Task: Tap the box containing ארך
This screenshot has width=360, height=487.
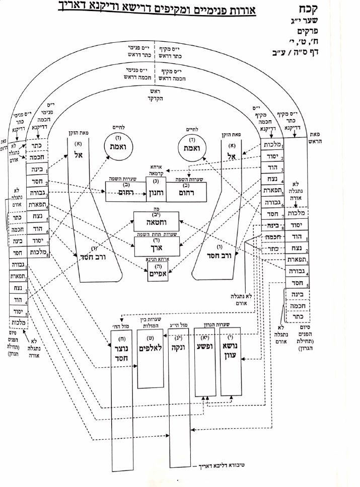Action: [x=155, y=248]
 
